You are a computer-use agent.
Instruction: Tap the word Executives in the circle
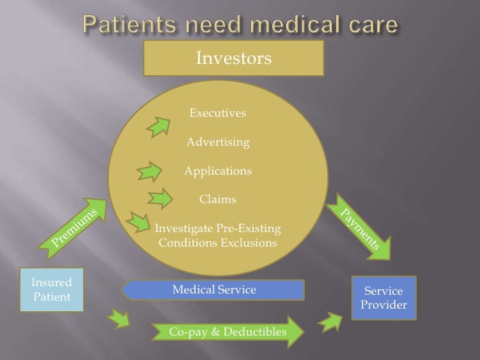tap(218, 113)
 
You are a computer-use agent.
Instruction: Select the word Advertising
tap(218, 142)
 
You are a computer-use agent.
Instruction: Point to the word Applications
tap(218, 171)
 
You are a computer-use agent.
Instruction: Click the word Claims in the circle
tap(218, 199)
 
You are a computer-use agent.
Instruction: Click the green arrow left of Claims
tap(160, 198)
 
